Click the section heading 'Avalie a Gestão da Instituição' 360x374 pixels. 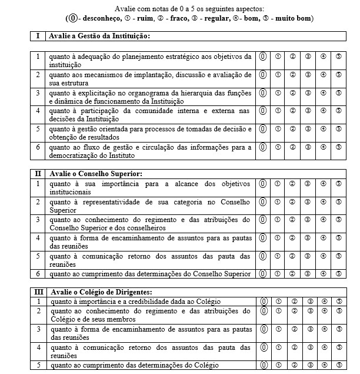tap(100, 36)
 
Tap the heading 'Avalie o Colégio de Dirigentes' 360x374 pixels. tap(101, 292)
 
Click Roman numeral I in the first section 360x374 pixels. tap(38, 36)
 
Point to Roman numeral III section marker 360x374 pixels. tap(38, 292)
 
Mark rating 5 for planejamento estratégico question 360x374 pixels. tap(339, 57)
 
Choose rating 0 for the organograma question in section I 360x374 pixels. tap(264, 93)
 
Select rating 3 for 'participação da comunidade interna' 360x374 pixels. tap(308, 111)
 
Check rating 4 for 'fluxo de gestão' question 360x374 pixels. tap(323, 147)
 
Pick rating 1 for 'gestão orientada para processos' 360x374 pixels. tap(278, 129)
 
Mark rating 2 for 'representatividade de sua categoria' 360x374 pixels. tap(292, 202)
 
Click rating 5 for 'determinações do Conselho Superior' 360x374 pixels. tap(339, 274)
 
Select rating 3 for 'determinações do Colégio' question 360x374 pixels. tap(308, 365)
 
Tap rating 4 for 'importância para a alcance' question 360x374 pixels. tap(323, 183)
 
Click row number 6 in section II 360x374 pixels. tap(38, 274)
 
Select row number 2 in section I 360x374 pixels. tap(38, 75)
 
